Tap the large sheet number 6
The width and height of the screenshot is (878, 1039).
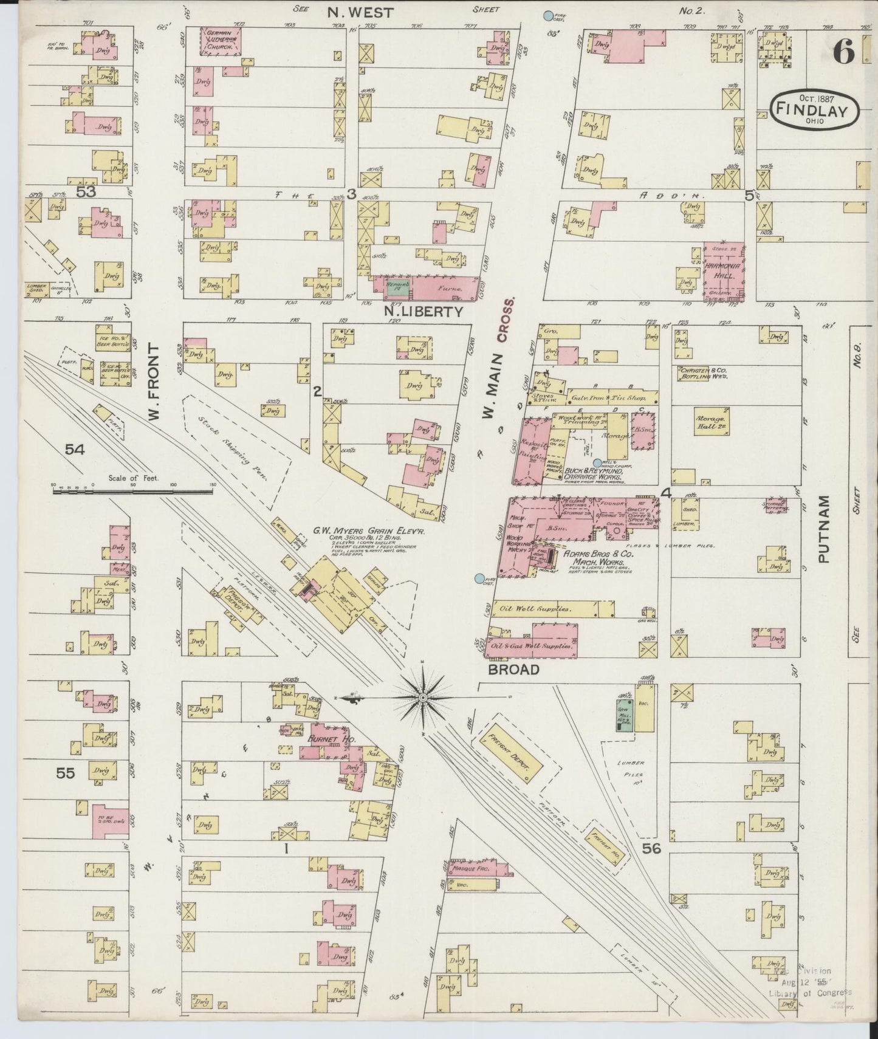pyautogui.click(x=843, y=53)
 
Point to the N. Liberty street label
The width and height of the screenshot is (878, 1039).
pyautogui.click(x=423, y=312)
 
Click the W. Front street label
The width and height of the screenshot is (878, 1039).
pyautogui.click(x=153, y=383)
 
